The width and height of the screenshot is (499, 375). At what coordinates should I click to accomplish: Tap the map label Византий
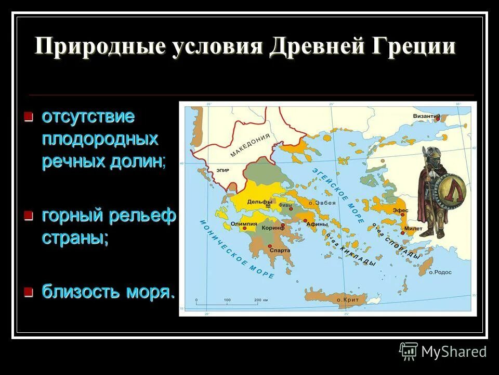pyautogui.click(x=427, y=116)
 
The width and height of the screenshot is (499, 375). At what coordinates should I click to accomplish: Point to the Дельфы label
pyautogui.click(x=260, y=202)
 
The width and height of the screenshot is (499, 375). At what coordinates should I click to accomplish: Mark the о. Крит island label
pyautogui.click(x=346, y=299)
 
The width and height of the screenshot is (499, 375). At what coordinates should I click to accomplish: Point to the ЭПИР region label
pyautogui.click(x=216, y=170)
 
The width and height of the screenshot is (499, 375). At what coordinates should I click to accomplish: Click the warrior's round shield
pyautogui.click(x=451, y=190)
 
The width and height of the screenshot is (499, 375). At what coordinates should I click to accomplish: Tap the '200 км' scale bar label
pyautogui.click(x=260, y=301)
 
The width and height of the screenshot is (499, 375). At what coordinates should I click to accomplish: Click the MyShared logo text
pyautogui.click(x=453, y=352)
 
